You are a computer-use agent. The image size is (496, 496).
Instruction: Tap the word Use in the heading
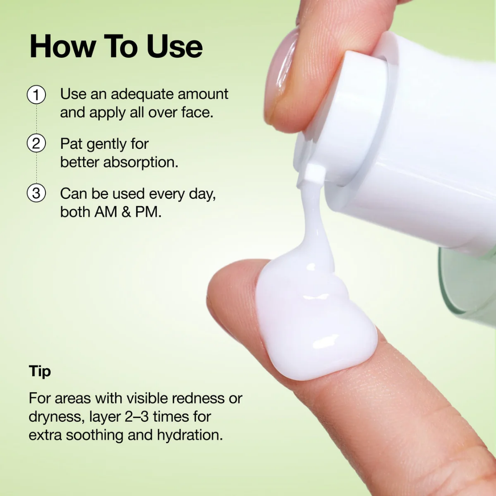[x=175, y=46]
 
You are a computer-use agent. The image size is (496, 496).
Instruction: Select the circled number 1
[x=36, y=96]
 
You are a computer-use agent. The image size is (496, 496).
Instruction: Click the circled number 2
[x=36, y=144]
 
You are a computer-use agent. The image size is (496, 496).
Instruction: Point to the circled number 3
[x=36, y=193]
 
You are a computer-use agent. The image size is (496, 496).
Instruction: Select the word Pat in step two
[x=72, y=144]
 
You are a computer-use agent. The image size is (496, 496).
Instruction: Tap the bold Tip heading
[x=40, y=371]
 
